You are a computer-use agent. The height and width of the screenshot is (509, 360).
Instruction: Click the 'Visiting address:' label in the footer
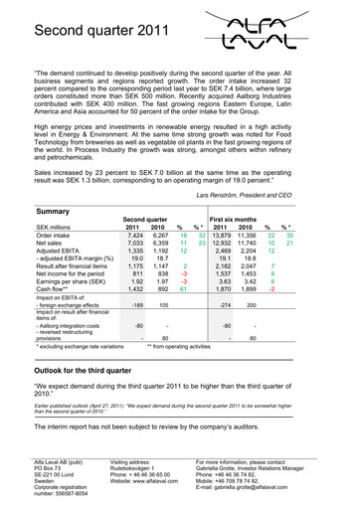pyautogui.click(x=138, y=463)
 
